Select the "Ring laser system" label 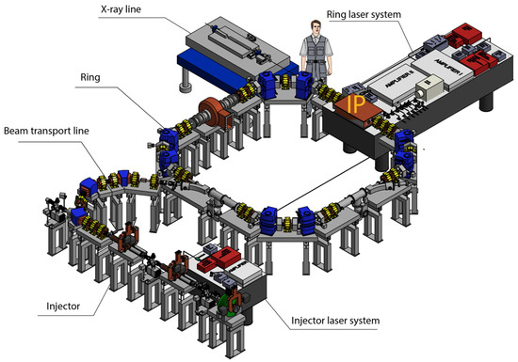click(364, 16)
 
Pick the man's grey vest click(313, 48)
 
